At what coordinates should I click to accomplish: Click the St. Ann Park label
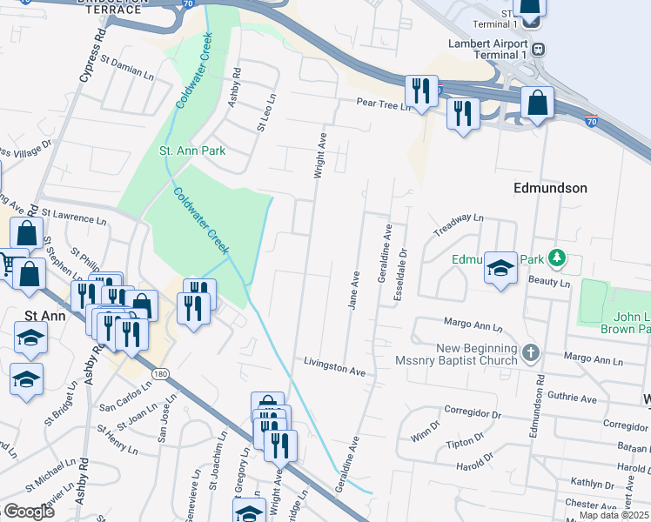(x=192, y=151)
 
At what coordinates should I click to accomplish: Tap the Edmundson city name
(x=550, y=188)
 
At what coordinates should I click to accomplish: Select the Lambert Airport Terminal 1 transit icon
(x=540, y=50)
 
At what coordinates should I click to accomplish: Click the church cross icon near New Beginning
(x=531, y=351)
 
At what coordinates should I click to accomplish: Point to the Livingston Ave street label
(x=334, y=365)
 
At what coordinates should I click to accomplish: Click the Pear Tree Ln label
(x=381, y=104)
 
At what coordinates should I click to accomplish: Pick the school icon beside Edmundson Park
(x=500, y=269)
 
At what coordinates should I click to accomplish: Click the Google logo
(x=29, y=512)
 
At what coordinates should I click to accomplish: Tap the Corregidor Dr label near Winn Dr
(x=468, y=409)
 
